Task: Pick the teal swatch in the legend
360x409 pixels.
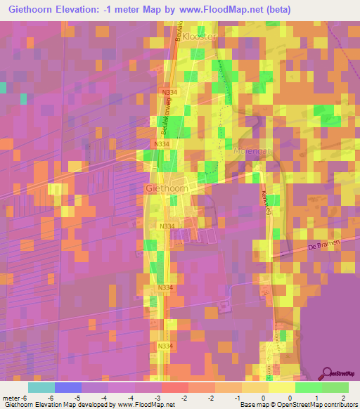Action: [41, 387]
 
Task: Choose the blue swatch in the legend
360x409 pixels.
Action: [67, 387]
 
